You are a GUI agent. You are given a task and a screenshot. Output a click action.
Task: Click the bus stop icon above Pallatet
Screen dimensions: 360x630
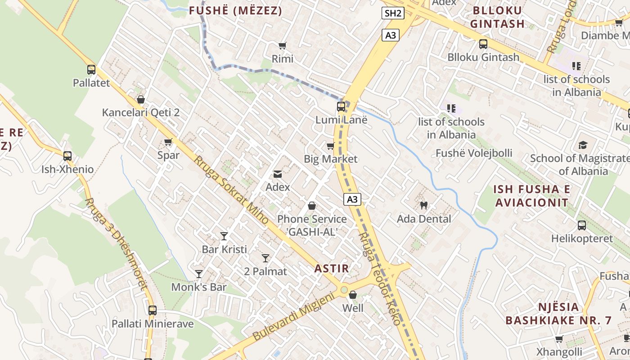pyautogui.click(x=91, y=70)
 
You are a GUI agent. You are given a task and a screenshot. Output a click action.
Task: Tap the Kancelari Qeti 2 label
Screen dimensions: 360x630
pyautogui.click(x=141, y=112)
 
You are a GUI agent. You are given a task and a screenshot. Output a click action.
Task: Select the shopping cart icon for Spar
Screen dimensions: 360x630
pyautogui.click(x=168, y=142)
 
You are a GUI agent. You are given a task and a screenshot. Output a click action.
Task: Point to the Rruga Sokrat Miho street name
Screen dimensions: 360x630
pyautogui.click(x=231, y=190)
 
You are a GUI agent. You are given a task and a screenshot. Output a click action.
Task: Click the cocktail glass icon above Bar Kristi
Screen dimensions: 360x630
pyautogui.click(x=224, y=236)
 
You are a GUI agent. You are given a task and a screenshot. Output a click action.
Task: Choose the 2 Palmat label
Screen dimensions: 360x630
pyautogui.click(x=265, y=271)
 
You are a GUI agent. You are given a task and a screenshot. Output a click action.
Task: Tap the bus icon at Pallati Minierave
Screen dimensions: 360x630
pyautogui.click(x=153, y=310)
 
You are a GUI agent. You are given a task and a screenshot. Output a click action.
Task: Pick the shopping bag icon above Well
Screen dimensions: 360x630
pyautogui.click(x=353, y=295)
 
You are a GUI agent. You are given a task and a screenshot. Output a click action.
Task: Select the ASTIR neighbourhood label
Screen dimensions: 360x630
pyautogui.click(x=332, y=269)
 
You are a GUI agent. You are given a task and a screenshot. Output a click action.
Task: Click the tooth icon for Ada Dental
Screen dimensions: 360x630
pyautogui.click(x=423, y=206)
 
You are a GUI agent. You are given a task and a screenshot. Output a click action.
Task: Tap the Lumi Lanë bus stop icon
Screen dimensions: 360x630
pyautogui.click(x=341, y=107)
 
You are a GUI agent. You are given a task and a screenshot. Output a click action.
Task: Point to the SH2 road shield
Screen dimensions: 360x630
pyautogui.click(x=393, y=13)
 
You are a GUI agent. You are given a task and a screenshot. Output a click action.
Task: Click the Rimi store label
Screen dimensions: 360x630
pyautogui.click(x=283, y=58)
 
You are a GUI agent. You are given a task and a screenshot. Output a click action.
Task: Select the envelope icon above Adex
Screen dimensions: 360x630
pyautogui.click(x=278, y=174)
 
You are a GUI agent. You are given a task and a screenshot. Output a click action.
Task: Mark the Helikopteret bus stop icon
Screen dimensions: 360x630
pyautogui.click(x=582, y=225)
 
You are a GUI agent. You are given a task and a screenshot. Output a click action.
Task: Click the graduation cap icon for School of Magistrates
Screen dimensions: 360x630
pyautogui.click(x=583, y=145)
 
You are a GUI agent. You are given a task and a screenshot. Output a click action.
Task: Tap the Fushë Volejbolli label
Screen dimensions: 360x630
pyautogui.click(x=474, y=153)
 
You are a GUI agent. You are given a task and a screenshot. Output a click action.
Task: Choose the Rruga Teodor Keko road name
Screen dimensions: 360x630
pyautogui.click(x=379, y=279)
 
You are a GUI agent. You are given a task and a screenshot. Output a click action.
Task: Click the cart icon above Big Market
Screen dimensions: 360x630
pyautogui.click(x=331, y=146)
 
